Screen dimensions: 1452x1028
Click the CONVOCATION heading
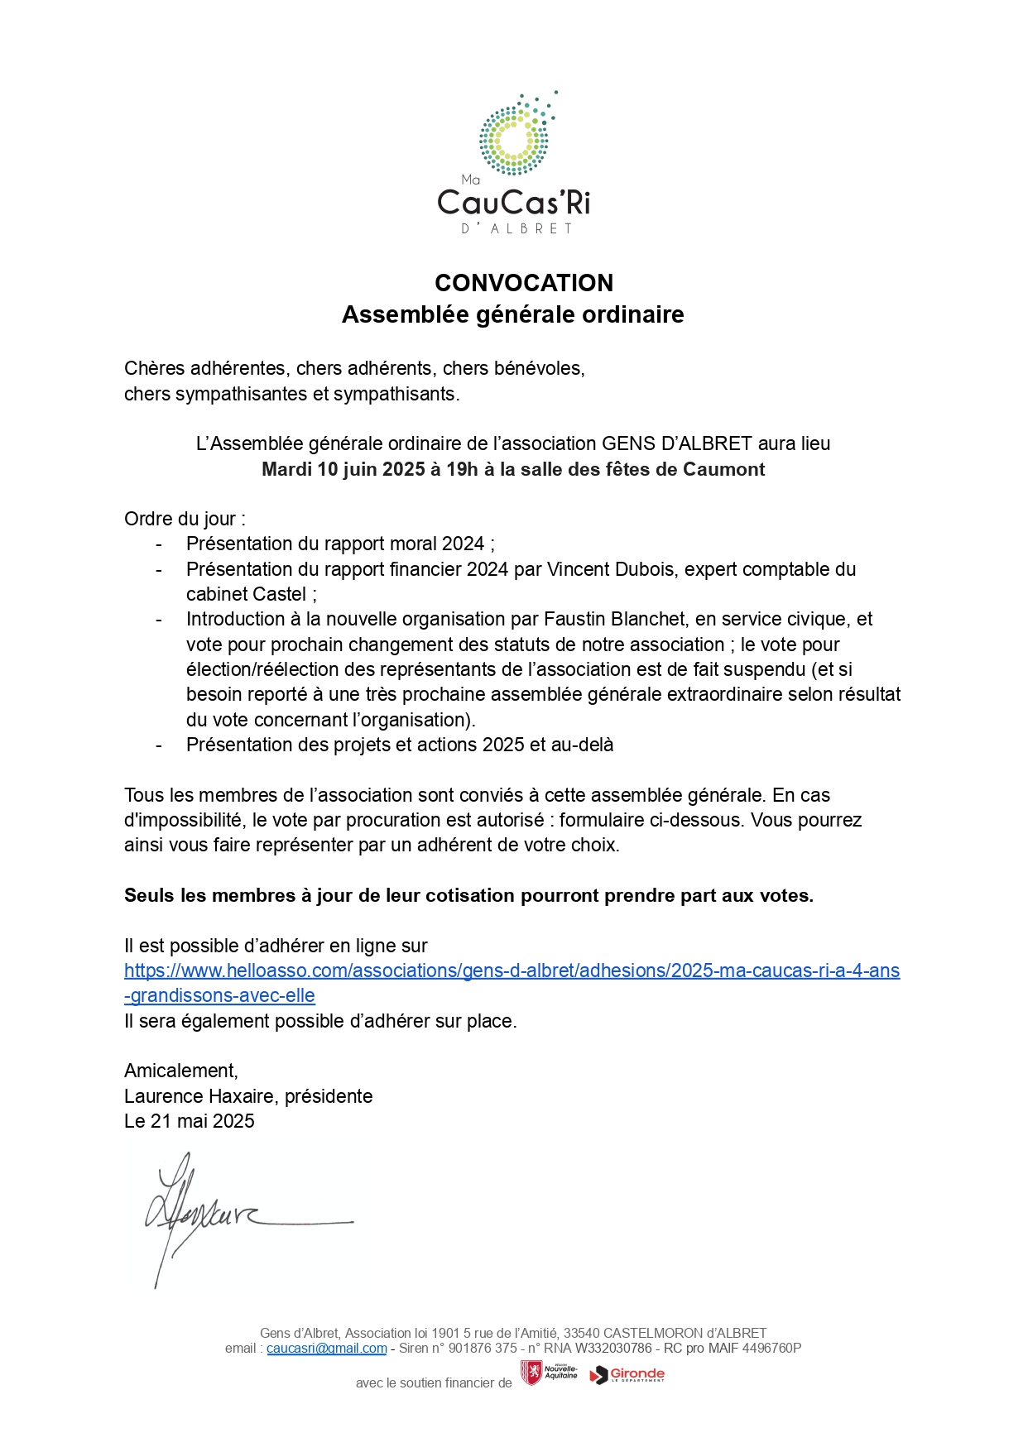point(524,283)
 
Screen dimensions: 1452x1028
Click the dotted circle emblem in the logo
point(514,139)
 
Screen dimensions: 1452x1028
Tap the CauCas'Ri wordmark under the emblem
point(513,203)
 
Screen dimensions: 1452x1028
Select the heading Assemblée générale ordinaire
point(512,314)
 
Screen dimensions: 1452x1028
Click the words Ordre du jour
point(181,519)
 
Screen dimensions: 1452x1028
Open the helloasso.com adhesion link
point(512,970)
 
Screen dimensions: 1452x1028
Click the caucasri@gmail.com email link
point(326,1348)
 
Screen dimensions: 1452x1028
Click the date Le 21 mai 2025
point(190,1121)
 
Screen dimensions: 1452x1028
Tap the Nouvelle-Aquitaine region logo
point(549,1373)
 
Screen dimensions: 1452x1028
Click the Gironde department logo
point(627,1374)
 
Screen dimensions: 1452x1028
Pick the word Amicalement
point(180,1071)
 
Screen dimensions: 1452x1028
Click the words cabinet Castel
point(246,594)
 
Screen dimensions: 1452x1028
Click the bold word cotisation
point(469,895)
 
